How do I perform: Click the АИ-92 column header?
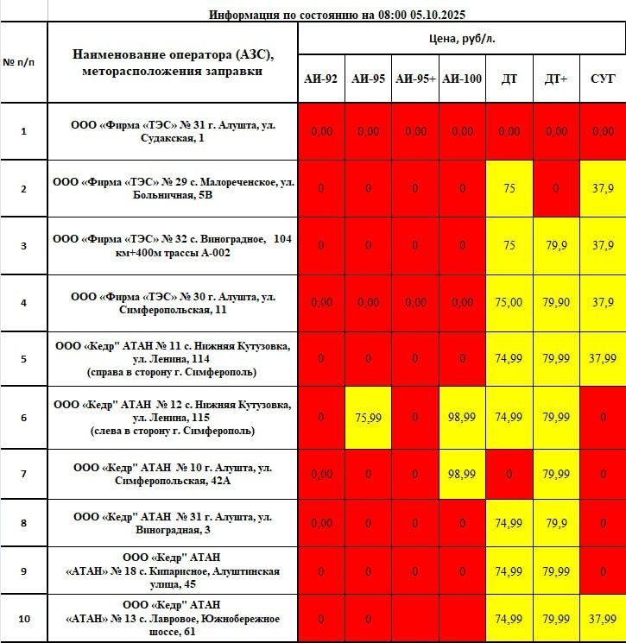pos(320,79)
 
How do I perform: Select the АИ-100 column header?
pos(462,79)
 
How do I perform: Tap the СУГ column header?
pos(603,79)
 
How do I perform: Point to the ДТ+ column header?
pos(556,79)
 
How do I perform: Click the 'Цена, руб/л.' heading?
pos(462,39)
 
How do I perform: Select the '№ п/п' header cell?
pos(23,63)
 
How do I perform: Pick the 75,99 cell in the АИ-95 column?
pos(368,418)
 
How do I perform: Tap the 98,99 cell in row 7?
pos(462,474)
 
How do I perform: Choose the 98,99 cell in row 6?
pos(462,418)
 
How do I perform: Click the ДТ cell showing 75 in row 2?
pos(509,188)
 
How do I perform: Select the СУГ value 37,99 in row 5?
pos(603,358)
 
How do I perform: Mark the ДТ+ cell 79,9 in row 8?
pos(556,523)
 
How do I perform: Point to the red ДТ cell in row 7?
pos(509,474)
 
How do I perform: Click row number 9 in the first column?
pos(23,571)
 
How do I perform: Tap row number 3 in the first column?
pos(23,246)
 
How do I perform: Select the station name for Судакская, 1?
pos(173,131)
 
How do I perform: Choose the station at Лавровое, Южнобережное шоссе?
pos(173,618)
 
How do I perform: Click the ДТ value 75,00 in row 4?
pos(509,302)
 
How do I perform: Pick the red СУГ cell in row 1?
pos(603,131)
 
